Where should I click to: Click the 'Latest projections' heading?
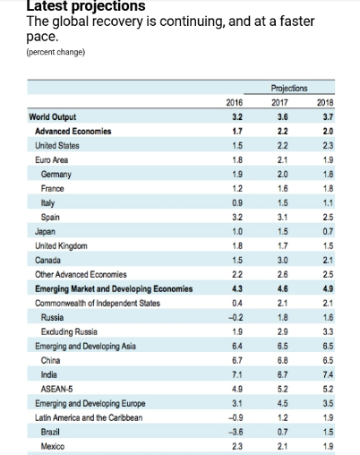86,6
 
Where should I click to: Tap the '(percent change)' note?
56,52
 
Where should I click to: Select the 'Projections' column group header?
289,88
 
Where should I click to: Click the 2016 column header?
235,102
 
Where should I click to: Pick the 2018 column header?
325,102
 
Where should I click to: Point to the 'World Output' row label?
53,116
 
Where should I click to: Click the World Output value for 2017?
282,116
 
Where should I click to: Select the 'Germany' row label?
56,175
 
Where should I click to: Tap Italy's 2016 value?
237,202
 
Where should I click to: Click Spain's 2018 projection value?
328,217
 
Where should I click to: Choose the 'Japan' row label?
45,232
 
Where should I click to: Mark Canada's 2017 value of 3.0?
282,260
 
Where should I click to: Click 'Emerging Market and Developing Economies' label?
114,288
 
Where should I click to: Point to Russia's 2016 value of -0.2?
236,317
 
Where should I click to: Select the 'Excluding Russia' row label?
69,331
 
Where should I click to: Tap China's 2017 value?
282,360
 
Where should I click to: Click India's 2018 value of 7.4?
328,374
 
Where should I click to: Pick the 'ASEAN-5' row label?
56,389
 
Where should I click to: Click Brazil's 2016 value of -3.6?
236,432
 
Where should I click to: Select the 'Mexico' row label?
53,446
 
